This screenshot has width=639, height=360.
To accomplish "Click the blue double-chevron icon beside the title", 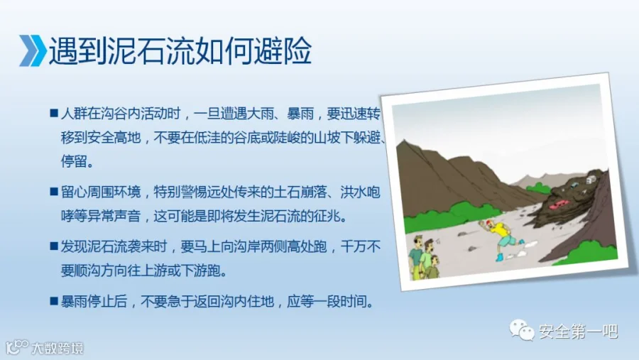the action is (x=33, y=50).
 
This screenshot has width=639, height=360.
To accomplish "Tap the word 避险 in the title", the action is (x=283, y=50).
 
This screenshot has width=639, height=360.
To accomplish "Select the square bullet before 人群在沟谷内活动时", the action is (x=54, y=112).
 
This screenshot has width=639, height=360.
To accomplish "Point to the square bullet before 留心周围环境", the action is (x=54, y=191).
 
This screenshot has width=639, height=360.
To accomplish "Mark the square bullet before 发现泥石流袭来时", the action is (x=54, y=246).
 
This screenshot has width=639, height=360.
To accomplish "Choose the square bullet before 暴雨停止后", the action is (x=54, y=301).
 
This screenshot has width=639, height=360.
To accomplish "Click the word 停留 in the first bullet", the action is (x=74, y=161).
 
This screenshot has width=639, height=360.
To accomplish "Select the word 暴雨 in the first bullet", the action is (x=300, y=114).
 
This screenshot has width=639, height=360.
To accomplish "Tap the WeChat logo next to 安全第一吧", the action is (x=522, y=329).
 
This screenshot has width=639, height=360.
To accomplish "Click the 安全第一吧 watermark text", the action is (x=578, y=332).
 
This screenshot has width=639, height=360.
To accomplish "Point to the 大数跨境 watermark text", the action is (x=58, y=348).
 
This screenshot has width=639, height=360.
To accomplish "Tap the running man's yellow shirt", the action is (x=500, y=231).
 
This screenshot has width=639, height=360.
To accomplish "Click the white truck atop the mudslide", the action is (x=591, y=180).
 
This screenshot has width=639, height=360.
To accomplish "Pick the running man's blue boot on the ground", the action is (x=499, y=257).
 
